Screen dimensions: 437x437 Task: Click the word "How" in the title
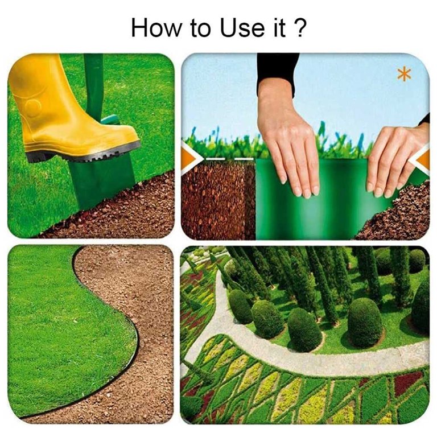tap(156, 28)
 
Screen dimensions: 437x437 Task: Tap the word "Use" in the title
tap(242, 28)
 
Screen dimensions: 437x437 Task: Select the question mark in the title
tap(298, 27)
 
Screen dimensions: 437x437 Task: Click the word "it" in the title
tap(279, 27)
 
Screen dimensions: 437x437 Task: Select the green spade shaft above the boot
tap(93, 84)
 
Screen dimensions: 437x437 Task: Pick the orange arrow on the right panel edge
tap(420, 160)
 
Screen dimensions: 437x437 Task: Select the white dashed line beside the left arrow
tap(229, 159)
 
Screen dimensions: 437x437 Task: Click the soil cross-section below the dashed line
tap(218, 201)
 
